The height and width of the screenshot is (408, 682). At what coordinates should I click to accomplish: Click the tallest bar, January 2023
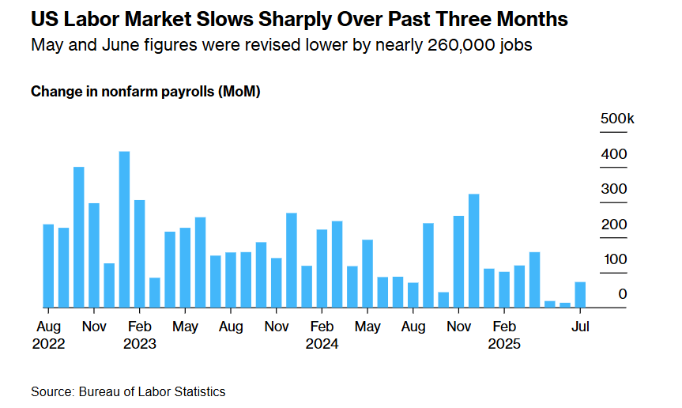click(124, 229)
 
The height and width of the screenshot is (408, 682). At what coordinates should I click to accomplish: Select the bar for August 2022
click(48, 266)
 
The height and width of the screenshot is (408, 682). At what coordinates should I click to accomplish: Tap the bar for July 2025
click(580, 294)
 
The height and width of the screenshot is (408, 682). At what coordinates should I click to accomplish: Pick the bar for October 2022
click(79, 236)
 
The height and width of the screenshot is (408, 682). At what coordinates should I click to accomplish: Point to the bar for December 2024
click(473, 250)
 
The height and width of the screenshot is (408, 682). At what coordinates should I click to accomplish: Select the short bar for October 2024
click(443, 299)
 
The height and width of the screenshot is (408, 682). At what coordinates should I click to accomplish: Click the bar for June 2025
click(565, 304)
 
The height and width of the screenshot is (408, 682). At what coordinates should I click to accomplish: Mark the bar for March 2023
click(155, 292)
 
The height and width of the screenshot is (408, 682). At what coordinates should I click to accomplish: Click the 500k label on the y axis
click(617, 118)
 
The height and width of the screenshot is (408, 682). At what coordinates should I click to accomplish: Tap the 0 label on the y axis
click(623, 294)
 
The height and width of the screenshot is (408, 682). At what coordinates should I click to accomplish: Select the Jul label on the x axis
click(581, 326)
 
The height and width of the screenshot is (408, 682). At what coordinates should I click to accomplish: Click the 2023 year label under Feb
click(140, 344)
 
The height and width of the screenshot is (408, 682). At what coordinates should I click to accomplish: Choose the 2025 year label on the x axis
click(503, 344)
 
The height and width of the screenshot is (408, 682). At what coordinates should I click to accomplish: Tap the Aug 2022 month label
click(48, 326)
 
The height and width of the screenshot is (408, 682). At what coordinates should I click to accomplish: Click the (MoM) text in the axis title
click(240, 92)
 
